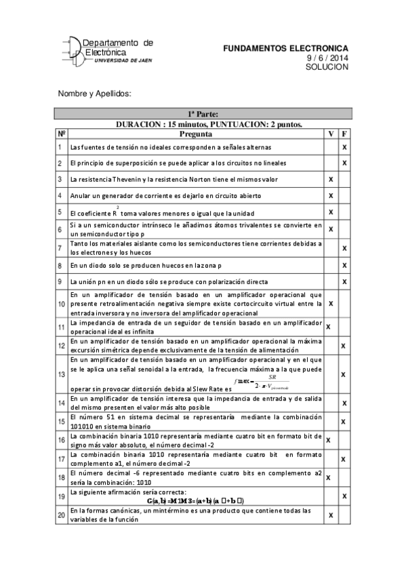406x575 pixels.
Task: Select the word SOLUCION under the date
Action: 327,67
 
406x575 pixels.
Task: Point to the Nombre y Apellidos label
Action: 93,93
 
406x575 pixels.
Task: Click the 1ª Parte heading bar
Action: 202,114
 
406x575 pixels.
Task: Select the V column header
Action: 331,134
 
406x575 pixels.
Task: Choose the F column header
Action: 344,134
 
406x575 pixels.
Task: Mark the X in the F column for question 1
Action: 344,147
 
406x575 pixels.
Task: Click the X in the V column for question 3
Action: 331,180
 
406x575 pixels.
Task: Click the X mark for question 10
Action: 331,303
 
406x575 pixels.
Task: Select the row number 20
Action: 61,515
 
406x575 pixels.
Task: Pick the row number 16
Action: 61,440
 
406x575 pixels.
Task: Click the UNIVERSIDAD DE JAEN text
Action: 123,60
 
